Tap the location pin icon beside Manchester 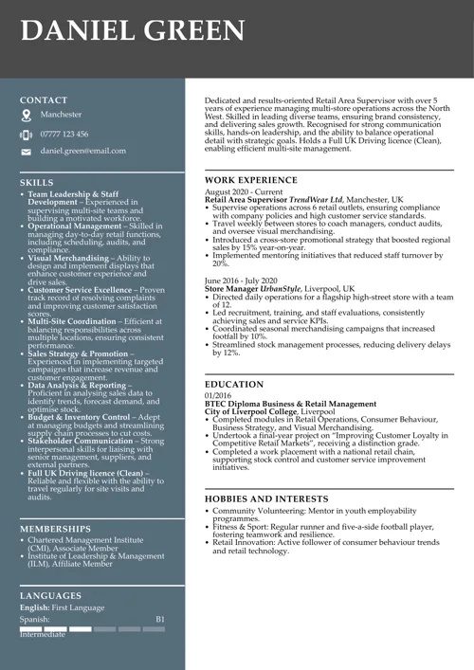coord(26,115)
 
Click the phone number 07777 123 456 coord(64,134)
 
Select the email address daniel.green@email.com coord(82,151)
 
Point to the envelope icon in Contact coord(26,152)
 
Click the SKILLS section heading coord(37,182)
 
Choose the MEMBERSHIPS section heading coord(55,529)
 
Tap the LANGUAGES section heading coord(51,595)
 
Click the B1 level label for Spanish coord(160,619)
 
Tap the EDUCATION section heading coord(234,384)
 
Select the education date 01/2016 coord(217,395)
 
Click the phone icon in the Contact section coord(26,135)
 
